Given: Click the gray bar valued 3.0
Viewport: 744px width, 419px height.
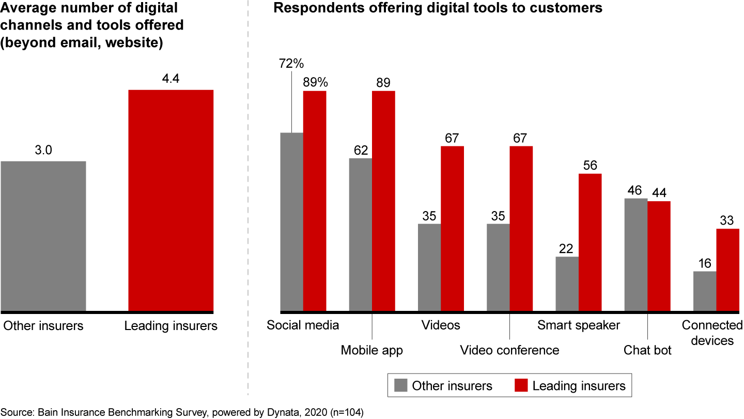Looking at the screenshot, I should [43, 236].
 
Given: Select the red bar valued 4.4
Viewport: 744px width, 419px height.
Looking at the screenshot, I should [171, 201].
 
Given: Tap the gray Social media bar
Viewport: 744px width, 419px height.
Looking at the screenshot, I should [291, 222].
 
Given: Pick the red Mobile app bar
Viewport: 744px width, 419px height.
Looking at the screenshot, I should [383, 202].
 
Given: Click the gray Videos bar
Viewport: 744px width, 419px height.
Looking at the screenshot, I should [429, 268].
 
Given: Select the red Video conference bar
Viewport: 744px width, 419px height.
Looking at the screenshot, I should [521, 229].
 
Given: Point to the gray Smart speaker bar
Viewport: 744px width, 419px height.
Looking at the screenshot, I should [567, 285].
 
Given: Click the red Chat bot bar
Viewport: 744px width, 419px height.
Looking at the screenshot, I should [659, 257].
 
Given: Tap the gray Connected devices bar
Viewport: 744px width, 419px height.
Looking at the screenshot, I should [705, 292].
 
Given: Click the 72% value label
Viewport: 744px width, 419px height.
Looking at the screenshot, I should [292, 64].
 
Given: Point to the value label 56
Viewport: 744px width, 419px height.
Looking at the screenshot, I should [590, 165].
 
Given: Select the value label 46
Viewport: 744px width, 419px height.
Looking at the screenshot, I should [636, 189].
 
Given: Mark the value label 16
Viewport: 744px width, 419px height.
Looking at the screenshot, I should [705, 263].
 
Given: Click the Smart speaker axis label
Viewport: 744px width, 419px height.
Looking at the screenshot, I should [579, 325].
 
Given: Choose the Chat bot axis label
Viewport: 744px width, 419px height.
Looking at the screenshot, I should [648, 350].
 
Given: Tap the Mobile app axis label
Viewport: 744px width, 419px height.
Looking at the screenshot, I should [372, 350].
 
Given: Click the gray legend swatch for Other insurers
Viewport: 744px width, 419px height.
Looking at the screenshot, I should [400, 385].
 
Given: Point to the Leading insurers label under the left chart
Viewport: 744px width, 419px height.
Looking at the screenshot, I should [171, 326].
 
